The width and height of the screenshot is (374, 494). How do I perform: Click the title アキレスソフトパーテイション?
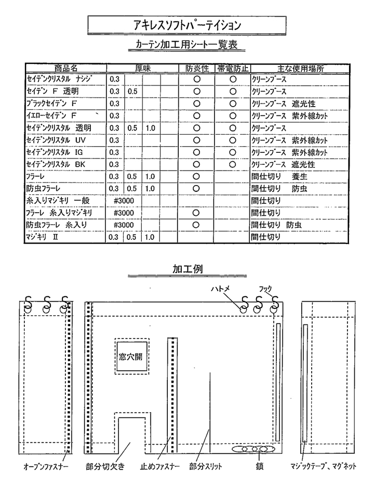[187, 25]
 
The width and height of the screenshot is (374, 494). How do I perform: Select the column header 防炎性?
[197, 68]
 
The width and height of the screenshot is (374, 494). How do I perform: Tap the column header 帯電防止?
[233, 68]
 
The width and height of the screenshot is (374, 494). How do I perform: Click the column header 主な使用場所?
[301, 68]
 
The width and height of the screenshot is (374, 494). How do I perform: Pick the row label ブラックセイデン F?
[51, 103]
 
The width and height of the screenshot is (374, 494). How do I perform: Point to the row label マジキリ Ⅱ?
[42, 237]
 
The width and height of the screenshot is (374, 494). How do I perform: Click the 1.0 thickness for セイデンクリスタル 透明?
[150, 128]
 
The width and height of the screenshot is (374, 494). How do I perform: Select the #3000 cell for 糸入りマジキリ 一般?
[124, 201]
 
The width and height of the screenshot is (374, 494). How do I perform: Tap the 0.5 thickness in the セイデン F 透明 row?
[132, 92]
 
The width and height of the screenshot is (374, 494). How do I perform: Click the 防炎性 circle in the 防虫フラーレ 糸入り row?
[196, 225]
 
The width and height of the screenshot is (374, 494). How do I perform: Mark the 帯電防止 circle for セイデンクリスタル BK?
[233, 164]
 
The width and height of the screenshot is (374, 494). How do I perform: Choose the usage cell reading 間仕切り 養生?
[279, 176]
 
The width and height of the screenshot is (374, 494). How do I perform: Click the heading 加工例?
[188, 269]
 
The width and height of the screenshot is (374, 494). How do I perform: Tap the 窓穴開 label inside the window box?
[130, 356]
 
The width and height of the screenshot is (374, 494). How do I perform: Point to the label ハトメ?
[221, 288]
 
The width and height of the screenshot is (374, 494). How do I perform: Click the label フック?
[265, 288]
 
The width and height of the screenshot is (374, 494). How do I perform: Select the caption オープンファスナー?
[46, 466]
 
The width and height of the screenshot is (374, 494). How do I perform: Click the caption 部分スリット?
[206, 466]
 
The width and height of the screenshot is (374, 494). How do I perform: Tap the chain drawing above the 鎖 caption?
[253, 449]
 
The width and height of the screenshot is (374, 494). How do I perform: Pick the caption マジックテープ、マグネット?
[323, 466]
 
